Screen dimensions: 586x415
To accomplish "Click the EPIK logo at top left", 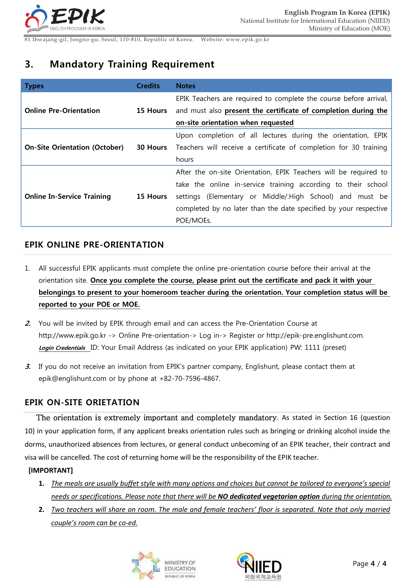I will point(65,19).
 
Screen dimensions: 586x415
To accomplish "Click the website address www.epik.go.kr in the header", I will point(247,40).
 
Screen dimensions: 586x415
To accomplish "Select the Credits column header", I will point(148,86).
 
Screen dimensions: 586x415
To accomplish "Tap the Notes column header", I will point(186,86).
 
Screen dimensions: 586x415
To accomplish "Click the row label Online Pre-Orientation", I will point(62,111).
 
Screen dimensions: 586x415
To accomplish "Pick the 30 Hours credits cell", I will point(151,147).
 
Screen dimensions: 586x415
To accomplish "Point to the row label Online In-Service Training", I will point(68,196).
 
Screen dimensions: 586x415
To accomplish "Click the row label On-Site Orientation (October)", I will point(74,147).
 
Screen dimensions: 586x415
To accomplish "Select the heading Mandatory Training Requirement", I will point(132,64).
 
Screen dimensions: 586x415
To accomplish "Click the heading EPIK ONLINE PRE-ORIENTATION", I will point(94,245).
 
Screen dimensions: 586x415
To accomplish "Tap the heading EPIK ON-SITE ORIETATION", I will point(82,402).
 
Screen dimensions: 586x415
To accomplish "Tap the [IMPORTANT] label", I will point(50,470).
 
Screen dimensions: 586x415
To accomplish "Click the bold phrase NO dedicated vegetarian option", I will point(269,496).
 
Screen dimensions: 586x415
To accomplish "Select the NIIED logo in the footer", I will point(260,566).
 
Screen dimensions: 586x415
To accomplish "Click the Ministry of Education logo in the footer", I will point(164,566).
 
